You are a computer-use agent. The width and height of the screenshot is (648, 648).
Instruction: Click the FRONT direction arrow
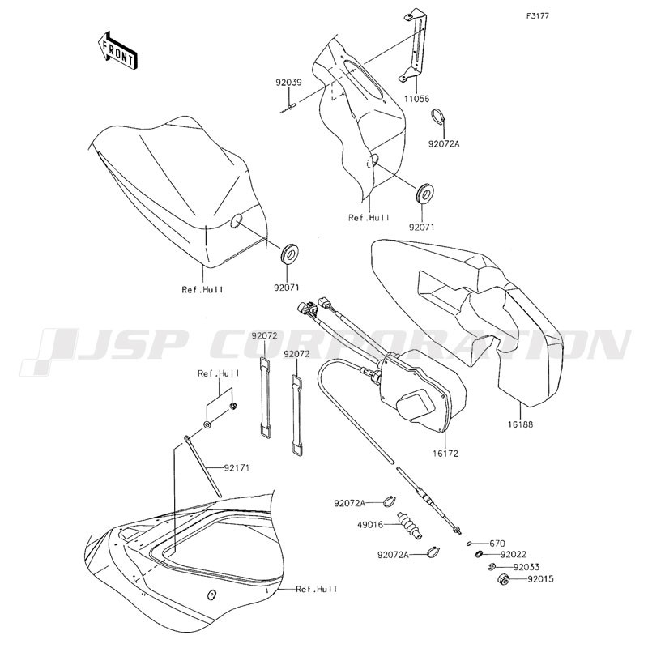click(x=116, y=50)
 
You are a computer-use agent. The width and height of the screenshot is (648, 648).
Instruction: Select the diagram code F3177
click(x=537, y=16)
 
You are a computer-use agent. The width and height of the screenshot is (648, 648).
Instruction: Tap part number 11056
click(x=416, y=99)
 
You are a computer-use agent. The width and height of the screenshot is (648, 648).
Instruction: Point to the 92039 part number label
click(x=289, y=83)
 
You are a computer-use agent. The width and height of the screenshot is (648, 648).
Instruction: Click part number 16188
click(x=520, y=424)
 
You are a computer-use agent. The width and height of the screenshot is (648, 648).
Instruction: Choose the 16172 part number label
click(x=446, y=454)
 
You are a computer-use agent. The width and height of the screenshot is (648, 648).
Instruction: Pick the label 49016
click(x=370, y=524)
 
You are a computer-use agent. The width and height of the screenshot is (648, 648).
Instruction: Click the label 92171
click(x=237, y=468)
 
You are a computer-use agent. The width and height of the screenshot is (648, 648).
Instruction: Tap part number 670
click(x=497, y=544)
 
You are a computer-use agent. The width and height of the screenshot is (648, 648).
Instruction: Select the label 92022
click(x=514, y=554)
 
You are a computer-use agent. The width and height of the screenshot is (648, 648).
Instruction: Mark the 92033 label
click(x=526, y=567)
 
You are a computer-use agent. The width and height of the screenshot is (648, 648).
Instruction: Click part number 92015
click(x=540, y=579)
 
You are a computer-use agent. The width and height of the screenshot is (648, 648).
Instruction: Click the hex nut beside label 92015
click(x=503, y=579)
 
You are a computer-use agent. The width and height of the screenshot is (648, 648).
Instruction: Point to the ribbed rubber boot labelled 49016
click(x=410, y=525)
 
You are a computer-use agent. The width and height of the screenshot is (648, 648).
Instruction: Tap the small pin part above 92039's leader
click(x=288, y=109)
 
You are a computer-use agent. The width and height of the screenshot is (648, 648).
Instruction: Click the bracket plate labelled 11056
click(x=414, y=46)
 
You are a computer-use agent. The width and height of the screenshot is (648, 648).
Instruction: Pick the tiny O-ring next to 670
click(x=470, y=544)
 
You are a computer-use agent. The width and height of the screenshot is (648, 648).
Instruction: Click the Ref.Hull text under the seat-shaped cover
click(x=202, y=289)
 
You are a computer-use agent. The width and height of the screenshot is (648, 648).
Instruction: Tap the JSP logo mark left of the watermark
click(x=50, y=352)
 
